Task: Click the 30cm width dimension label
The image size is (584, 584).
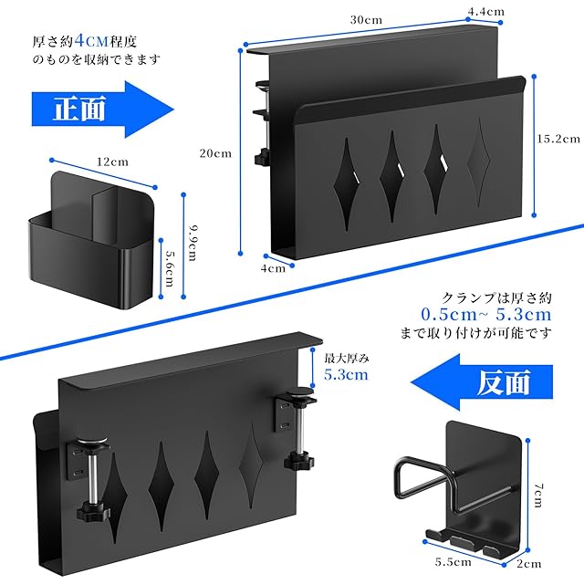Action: tap(366, 20)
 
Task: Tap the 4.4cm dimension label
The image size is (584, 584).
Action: tap(486, 12)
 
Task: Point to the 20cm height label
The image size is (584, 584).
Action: tap(215, 153)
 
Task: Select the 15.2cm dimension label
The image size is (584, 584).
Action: tap(558, 139)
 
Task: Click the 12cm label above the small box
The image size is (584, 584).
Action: tap(112, 162)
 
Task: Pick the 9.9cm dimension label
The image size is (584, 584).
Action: tap(193, 243)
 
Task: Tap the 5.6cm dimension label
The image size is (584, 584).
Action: tap(170, 268)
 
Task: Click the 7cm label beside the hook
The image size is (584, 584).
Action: tap(538, 495)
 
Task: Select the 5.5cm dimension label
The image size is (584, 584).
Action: tap(453, 561)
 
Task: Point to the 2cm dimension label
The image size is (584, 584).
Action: tap(529, 564)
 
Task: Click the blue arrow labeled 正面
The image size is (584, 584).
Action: tap(103, 109)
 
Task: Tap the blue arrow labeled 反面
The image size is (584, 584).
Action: tap(482, 382)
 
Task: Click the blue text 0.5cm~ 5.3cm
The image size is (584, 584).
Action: tap(486, 315)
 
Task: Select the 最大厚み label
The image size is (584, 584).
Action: tap(347, 359)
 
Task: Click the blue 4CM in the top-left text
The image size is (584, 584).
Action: tap(91, 40)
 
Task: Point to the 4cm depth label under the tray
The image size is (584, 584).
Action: tap(273, 268)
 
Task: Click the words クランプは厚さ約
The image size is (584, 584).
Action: tap(496, 298)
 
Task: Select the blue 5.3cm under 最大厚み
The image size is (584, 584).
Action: tap(346, 374)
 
